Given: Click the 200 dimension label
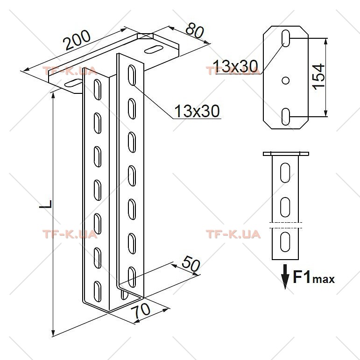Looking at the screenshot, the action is pyautogui.click(x=78, y=40).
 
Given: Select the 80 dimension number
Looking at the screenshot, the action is pyautogui.click(x=195, y=30).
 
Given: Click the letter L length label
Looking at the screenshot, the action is pyautogui.click(x=46, y=204).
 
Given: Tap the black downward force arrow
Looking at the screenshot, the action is pyautogui.click(x=285, y=277).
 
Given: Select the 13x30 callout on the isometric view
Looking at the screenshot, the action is pyautogui.click(x=197, y=111).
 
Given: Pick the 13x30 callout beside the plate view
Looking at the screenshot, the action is pyautogui.click(x=235, y=66).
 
